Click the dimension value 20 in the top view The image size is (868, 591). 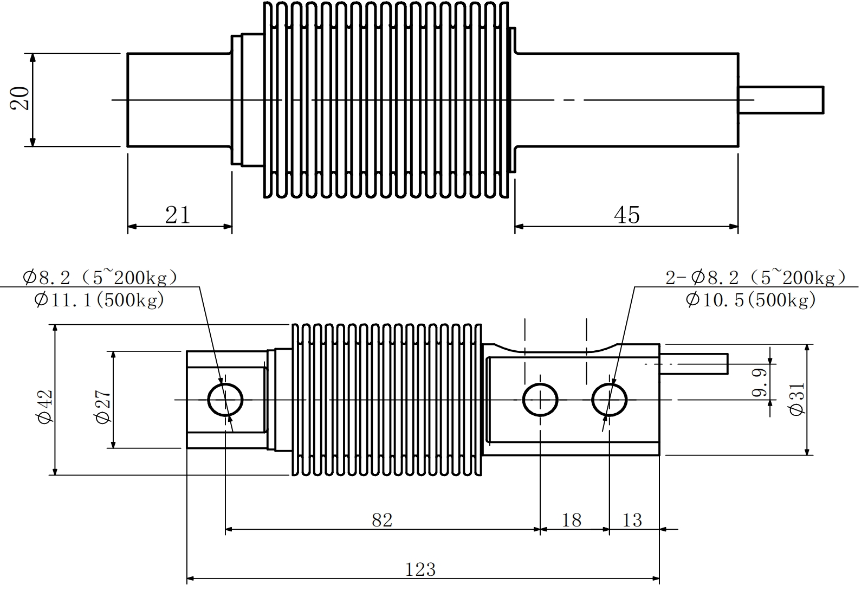coord(20,99)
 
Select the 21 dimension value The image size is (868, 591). coord(178,215)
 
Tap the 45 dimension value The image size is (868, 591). coord(627,215)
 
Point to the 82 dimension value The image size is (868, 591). coord(382,520)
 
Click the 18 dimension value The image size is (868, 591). coord(572,520)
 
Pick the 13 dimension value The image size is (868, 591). coord(632,520)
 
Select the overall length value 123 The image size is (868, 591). coord(420,569)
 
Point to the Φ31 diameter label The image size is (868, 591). coord(798,399)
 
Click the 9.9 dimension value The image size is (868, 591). coord(760,383)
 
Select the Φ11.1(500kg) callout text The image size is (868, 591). coord(99,299)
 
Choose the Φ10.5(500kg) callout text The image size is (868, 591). coord(750,299)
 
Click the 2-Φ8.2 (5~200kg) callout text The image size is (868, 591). coord(755,278)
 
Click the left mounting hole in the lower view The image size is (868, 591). coord(225,400)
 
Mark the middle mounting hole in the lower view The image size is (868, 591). coord(540,400)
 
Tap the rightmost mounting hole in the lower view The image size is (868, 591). coord(610,400)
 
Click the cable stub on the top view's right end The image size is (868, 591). coord(781,100)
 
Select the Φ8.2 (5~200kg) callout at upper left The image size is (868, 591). coord(100,278)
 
